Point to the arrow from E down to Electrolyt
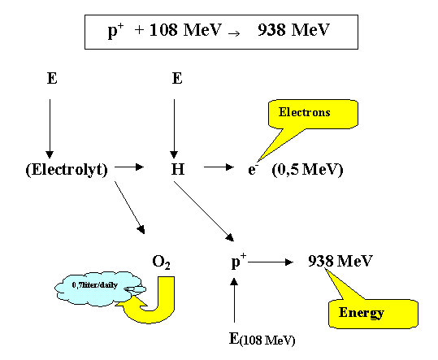(50, 126)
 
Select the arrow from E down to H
(172, 126)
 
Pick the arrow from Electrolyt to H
(128, 167)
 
